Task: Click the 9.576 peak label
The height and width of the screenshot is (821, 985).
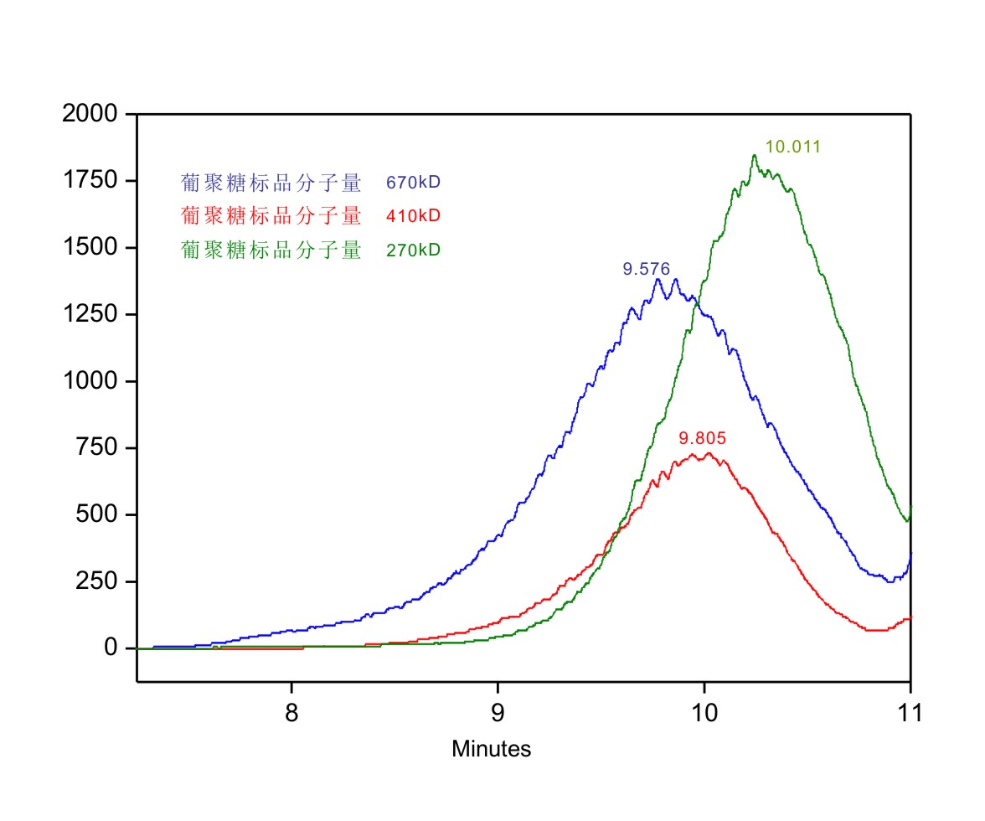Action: [646, 270]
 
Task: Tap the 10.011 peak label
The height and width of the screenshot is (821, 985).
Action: [793, 147]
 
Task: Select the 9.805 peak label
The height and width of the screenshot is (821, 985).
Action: [702, 438]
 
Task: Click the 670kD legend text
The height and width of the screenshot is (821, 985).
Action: [413, 182]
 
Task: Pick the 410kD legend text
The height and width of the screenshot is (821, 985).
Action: [413, 216]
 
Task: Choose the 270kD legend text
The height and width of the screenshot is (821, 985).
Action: [413, 250]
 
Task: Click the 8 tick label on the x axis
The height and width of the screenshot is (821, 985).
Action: [291, 714]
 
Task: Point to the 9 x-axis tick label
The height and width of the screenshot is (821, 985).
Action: [498, 714]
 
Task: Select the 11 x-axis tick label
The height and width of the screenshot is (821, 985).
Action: [910, 714]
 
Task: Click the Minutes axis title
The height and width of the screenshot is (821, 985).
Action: [491, 749]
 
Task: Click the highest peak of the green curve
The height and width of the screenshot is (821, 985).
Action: [754, 156]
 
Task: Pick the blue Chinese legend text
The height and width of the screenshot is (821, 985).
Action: [271, 183]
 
